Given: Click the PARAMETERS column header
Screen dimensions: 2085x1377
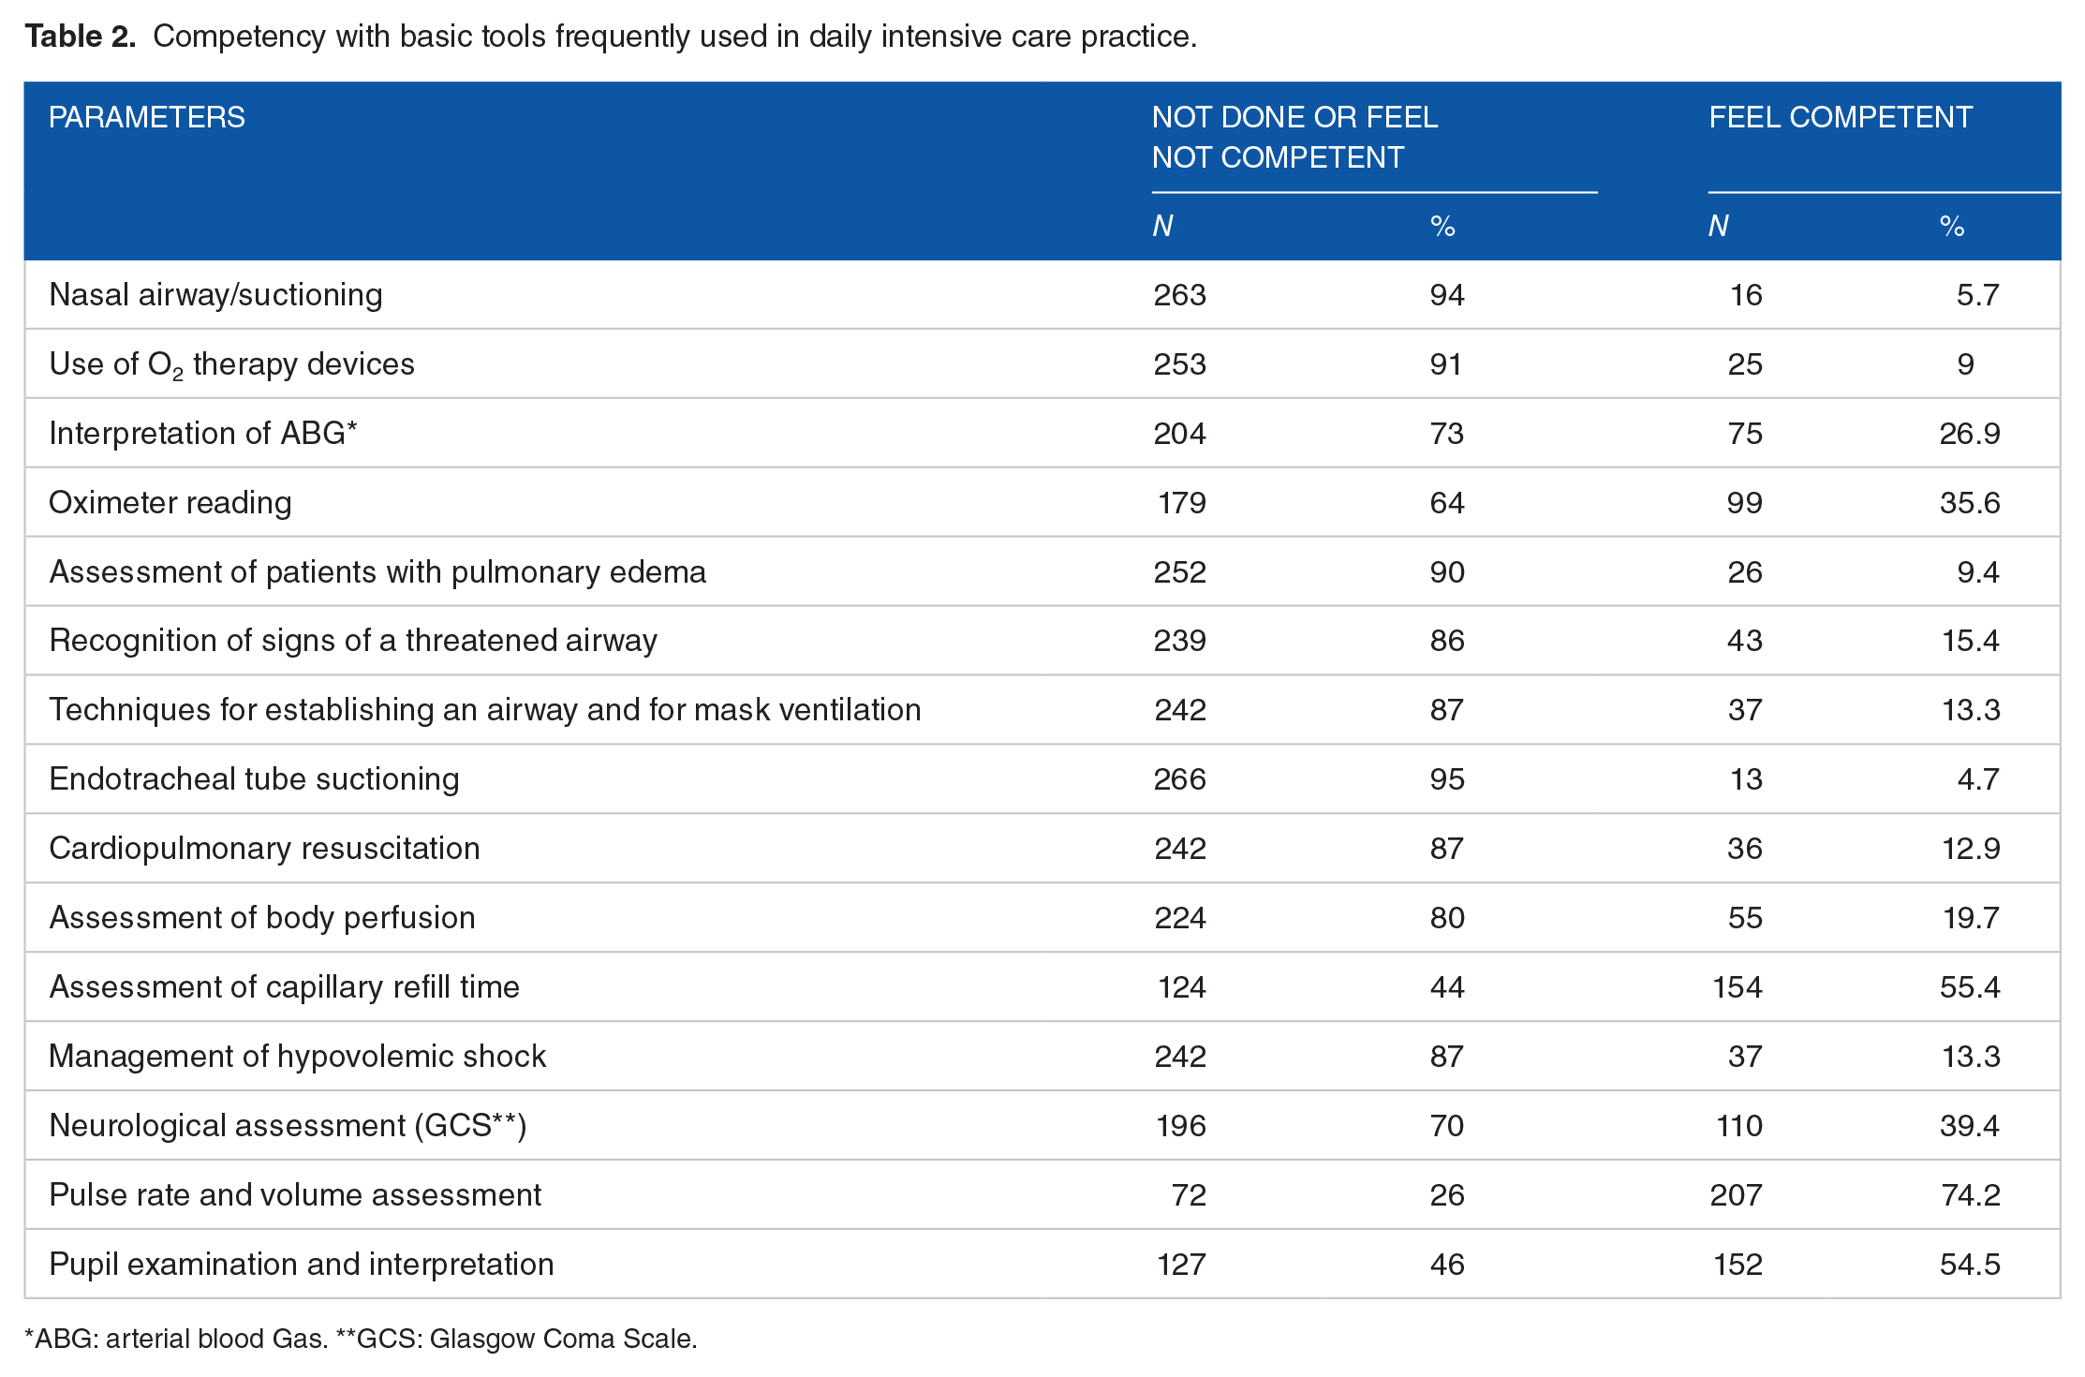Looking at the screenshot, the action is click(147, 118).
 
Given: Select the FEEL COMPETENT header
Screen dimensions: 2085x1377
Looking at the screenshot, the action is click(1841, 118).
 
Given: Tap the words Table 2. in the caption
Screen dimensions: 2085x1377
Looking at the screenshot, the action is click(81, 37).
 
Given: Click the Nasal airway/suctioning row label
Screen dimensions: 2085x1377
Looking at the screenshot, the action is click(215, 295).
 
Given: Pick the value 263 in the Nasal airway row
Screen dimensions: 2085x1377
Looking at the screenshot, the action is click(1179, 295).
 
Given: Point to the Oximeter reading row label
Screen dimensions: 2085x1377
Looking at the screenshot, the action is click(170, 503).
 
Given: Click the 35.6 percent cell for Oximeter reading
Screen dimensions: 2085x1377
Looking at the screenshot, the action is click(1970, 503).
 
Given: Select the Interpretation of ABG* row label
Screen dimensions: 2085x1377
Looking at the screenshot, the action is click(203, 434).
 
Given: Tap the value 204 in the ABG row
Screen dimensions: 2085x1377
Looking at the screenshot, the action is click(1179, 434).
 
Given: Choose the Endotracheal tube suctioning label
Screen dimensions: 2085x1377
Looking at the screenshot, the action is click(254, 779).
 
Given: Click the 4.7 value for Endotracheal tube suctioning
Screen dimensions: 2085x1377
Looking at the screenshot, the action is click(1978, 779).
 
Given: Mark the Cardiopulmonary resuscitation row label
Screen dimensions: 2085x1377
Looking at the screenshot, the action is click(264, 849).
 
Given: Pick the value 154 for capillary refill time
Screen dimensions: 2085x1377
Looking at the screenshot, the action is click(1737, 987).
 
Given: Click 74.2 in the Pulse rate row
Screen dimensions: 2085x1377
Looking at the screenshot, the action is click(1970, 1195).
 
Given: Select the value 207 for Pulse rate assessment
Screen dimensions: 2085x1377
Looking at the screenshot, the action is click(1737, 1195).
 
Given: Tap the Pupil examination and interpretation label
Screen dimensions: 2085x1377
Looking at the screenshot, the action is click(302, 1265).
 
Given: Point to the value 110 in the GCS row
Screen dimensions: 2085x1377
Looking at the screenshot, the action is click(1739, 1126).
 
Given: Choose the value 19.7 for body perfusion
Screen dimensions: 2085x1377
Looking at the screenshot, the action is click(1971, 918).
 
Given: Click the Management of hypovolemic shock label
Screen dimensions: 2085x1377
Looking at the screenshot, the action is click(298, 1057).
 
